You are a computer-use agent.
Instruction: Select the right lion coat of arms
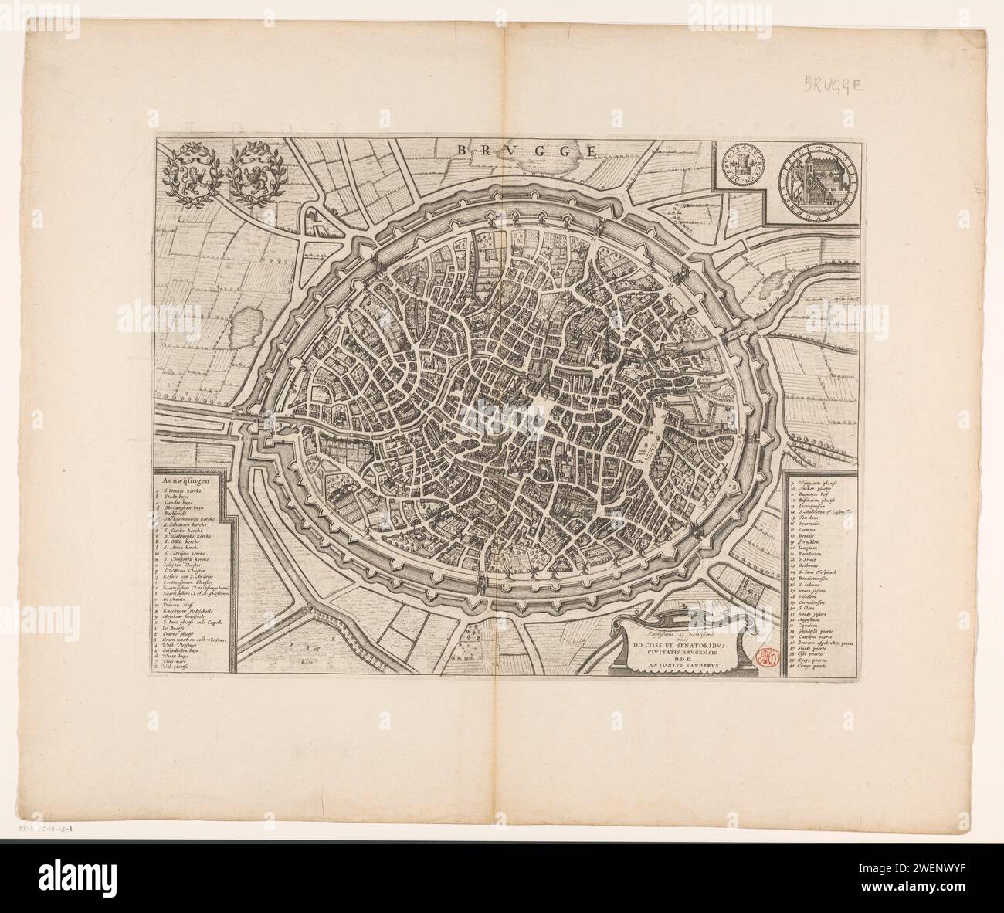click(256, 176)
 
